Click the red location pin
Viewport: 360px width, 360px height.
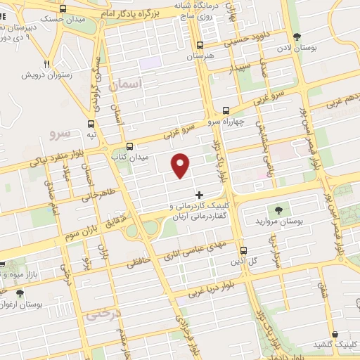181,165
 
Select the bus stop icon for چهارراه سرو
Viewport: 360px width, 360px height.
226,110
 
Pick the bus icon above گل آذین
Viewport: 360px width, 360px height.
244,251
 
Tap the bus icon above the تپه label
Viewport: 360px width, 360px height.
91,124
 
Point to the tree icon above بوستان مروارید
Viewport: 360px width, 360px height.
278,210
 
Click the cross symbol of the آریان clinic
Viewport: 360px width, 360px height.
199,195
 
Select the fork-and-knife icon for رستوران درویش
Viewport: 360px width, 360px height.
50,61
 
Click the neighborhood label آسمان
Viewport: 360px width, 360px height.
127,84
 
